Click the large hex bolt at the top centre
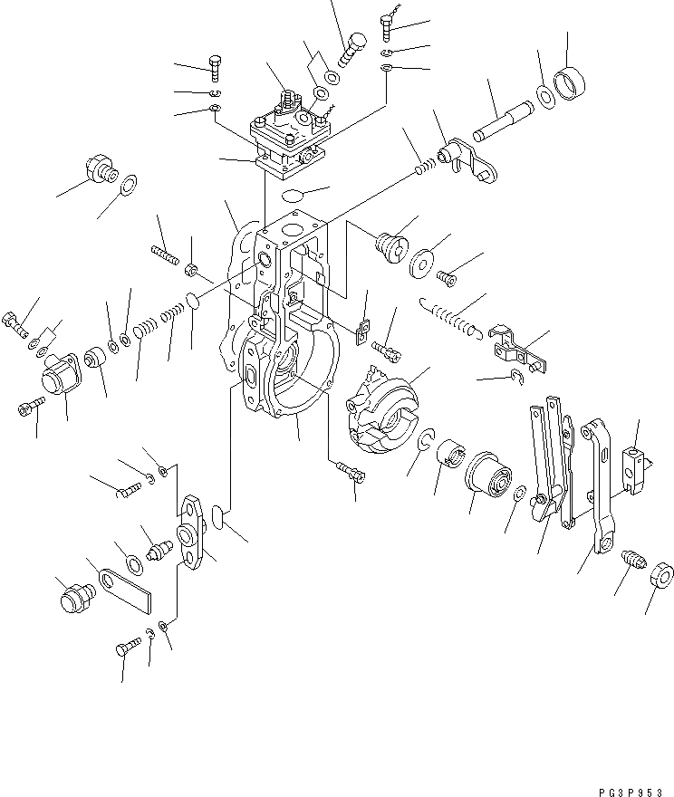(x=351, y=47)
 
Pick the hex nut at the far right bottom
(x=660, y=576)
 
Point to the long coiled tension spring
(x=450, y=318)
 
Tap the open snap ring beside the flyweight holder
(x=427, y=442)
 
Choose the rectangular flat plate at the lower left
(x=126, y=590)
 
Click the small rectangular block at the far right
(x=638, y=464)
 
